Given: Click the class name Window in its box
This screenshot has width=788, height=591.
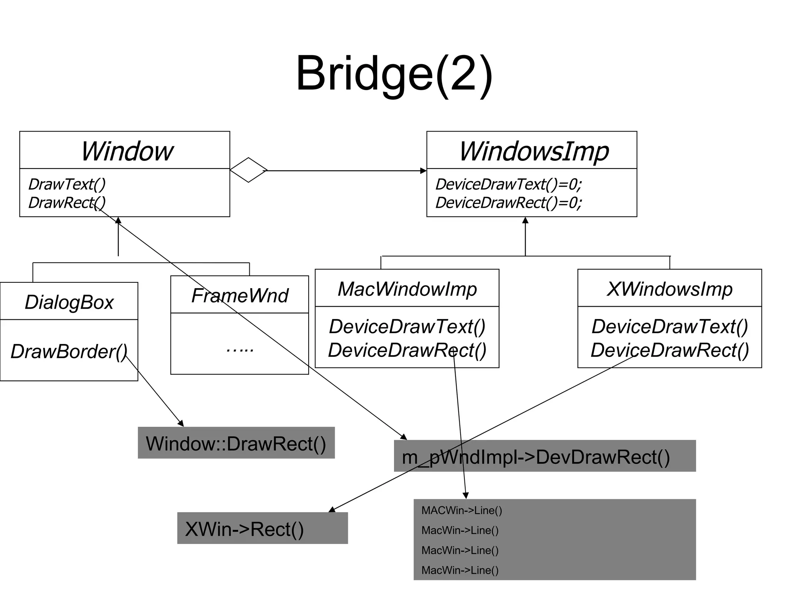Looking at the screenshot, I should (x=127, y=151).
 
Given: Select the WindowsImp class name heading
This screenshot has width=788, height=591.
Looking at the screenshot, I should (x=534, y=151).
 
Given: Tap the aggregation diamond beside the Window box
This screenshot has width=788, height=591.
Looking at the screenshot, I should (x=249, y=170).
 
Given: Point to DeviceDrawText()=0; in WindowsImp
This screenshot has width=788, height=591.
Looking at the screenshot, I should (x=508, y=184).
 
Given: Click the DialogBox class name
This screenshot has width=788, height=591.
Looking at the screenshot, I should (x=69, y=302).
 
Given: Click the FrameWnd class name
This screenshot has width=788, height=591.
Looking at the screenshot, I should (x=240, y=295).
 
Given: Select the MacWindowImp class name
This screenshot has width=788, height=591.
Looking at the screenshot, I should (x=407, y=289).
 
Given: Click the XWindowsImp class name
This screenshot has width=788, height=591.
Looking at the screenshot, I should (x=669, y=289).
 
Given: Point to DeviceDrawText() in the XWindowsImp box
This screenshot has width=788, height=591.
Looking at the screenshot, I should (x=669, y=326).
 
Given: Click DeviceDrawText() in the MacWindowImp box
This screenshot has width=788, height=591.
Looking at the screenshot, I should (x=407, y=326).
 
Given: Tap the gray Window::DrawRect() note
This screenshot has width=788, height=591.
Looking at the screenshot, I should (x=236, y=443).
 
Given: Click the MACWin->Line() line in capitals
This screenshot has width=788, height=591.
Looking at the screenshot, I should (x=462, y=511).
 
